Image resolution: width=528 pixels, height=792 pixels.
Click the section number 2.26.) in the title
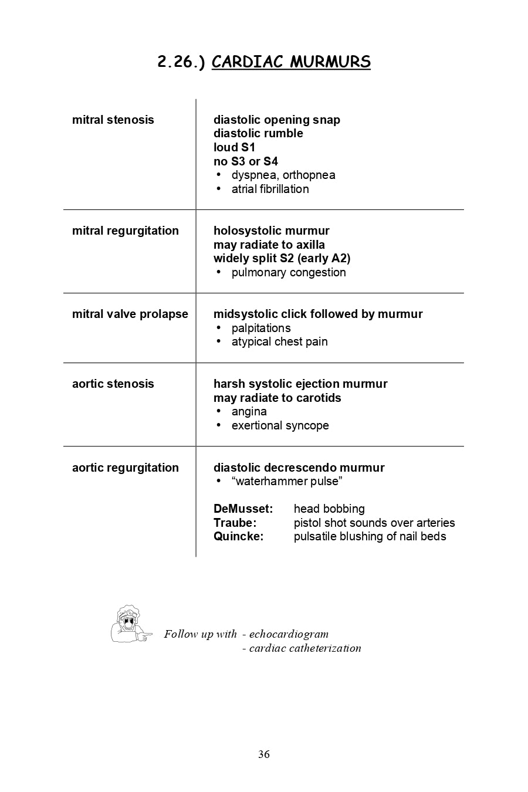181,62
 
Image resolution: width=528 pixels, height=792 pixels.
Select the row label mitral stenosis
113,120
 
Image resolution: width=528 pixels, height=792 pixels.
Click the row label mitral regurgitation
125,231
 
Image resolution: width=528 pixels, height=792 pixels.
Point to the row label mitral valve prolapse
130,314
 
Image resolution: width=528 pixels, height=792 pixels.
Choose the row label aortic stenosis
113,384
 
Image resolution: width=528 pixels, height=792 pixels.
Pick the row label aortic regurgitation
125,468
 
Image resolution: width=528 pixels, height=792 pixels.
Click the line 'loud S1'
234,147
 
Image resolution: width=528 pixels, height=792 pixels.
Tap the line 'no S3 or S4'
245,161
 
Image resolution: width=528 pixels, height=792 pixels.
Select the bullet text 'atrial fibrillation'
270,189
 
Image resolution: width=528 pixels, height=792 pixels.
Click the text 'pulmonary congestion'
289,272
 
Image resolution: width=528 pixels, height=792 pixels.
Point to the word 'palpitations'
261,328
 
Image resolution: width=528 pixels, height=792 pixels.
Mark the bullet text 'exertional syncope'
280,425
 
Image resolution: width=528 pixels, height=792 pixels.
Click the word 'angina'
249,411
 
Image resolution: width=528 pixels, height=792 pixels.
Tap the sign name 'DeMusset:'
243,509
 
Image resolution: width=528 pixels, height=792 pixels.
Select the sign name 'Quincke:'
238,536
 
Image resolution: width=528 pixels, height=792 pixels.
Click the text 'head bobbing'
329,509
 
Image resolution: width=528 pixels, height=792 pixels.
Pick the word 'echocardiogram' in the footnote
289,634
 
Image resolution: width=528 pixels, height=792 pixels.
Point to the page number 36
264,754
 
